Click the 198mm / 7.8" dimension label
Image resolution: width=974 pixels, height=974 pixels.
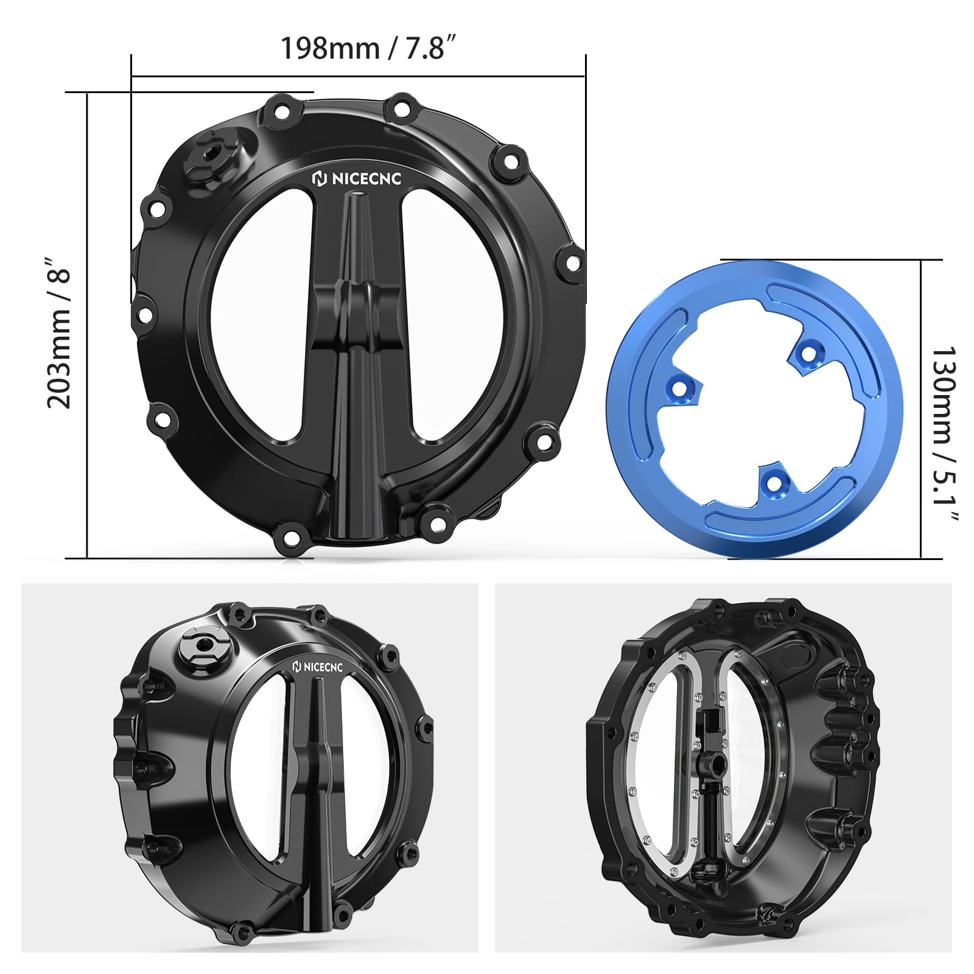click(x=367, y=47)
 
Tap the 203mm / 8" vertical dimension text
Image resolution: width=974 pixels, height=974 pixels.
click(x=60, y=332)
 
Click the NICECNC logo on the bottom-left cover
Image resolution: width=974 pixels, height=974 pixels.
click(x=318, y=667)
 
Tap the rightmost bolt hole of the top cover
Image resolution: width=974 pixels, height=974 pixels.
click(x=572, y=262)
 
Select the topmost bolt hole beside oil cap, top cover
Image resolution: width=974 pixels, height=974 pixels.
click(x=282, y=111)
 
